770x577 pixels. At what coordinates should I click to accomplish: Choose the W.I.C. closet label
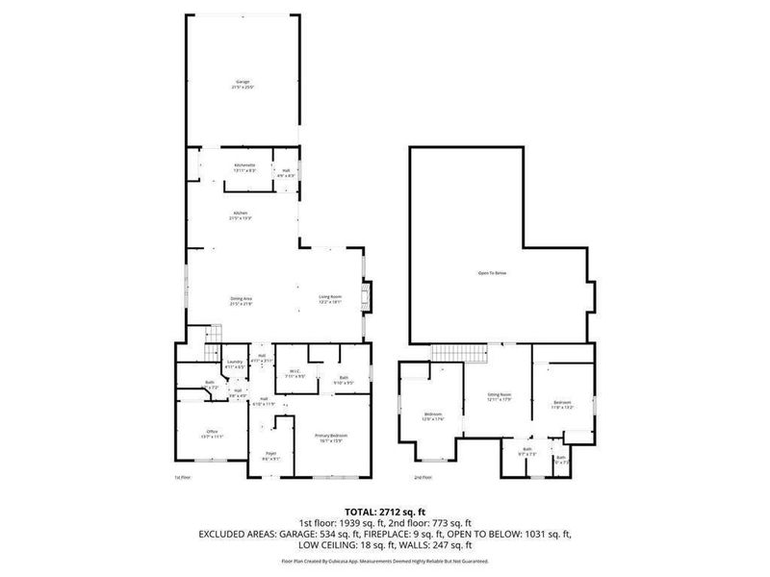[295, 373]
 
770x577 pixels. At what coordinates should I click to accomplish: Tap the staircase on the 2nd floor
[447, 353]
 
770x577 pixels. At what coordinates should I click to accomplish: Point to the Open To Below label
[492, 274]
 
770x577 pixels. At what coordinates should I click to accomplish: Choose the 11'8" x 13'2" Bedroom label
[562, 403]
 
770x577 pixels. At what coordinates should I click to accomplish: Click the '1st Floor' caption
[183, 477]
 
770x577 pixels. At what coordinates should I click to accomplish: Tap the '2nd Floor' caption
[423, 477]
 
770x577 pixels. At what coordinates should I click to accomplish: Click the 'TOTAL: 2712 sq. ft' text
[385, 511]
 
